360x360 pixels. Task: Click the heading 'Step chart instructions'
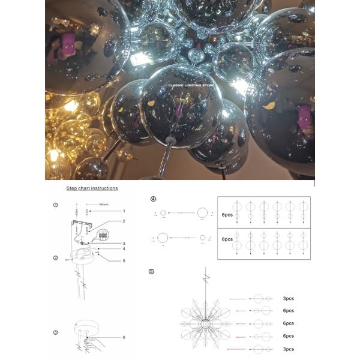(91, 188)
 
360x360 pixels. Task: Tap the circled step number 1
(55, 205)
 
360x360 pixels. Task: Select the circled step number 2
(55, 258)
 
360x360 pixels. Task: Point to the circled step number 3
(55, 332)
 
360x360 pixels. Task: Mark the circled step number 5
(151, 271)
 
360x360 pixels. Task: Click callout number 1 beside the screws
(124, 211)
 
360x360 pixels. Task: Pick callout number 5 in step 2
(124, 260)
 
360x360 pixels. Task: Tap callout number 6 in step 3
(124, 337)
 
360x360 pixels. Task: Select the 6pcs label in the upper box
(227, 214)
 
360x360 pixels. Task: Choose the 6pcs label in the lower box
(227, 239)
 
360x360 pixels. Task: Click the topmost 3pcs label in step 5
(288, 298)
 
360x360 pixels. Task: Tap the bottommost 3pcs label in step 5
(288, 349)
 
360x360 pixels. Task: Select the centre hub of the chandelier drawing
(206, 322)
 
